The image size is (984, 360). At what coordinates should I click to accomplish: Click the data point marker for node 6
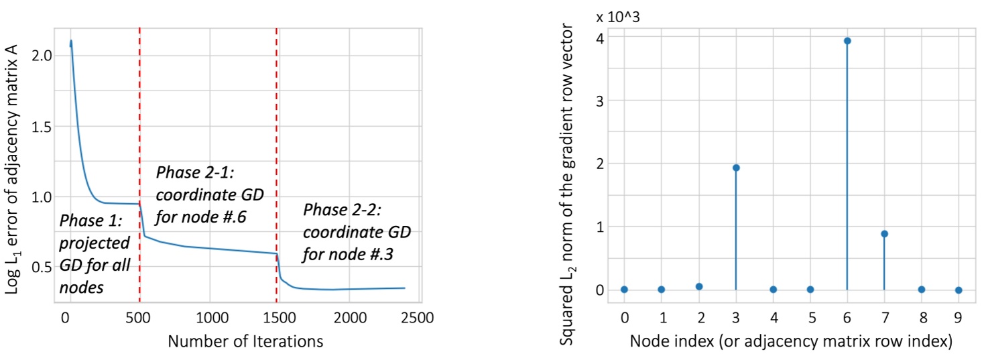pos(847,41)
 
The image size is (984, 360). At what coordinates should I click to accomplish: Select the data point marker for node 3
pos(736,168)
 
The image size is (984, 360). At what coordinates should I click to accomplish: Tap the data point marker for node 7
pos(884,234)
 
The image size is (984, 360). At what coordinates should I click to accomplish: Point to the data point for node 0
pos(624,290)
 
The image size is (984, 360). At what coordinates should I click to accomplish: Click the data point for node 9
pos(959,290)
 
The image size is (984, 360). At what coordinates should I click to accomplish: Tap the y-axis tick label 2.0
pos(42,56)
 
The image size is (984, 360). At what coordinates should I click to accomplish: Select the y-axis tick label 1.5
pos(42,126)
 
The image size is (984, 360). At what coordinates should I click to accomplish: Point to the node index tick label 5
pos(810,315)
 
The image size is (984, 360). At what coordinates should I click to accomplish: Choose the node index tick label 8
pos(921,315)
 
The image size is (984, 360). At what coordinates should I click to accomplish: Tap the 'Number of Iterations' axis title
pos(245,341)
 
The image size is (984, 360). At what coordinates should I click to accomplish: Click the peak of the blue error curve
pos(70,42)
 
